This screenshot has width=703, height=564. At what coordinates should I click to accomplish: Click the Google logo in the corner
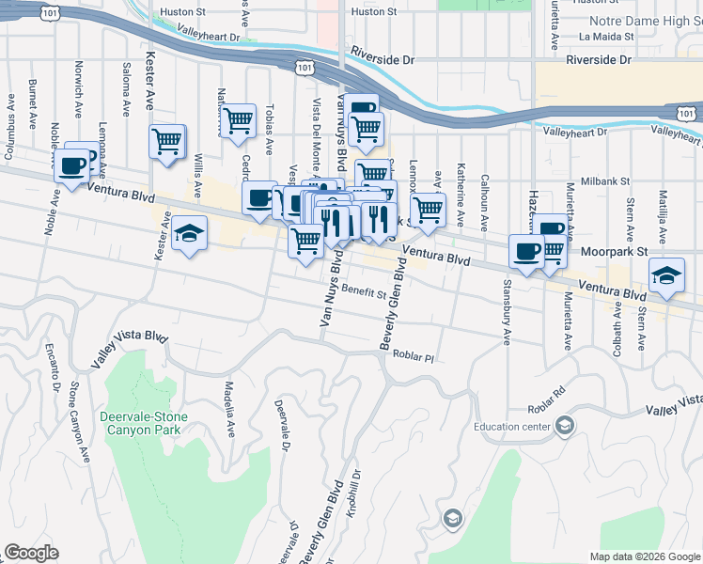[x=31, y=553]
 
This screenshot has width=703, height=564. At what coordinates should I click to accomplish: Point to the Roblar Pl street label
[x=414, y=358]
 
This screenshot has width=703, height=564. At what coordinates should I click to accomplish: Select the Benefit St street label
[x=364, y=292]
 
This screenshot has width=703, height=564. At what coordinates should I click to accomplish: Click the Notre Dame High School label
[x=645, y=21]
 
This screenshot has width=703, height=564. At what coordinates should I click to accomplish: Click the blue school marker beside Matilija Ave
[x=666, y=274]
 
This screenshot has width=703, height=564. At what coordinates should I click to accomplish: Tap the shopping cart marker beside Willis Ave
[x=167, y=143]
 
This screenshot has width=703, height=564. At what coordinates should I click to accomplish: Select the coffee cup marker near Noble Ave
[x=71, y=166]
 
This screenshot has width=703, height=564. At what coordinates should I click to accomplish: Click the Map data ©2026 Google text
[x=645, y=556]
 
